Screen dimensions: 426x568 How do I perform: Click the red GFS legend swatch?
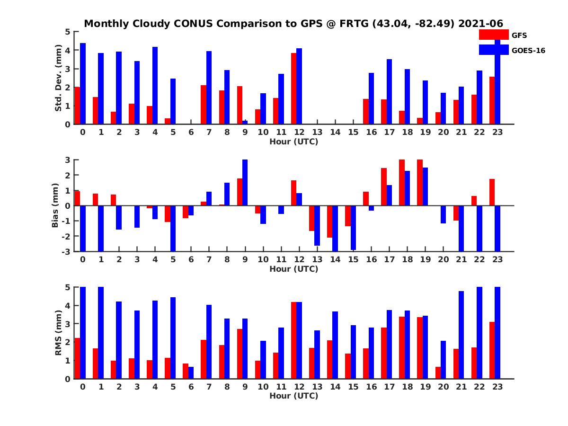click(493, 35)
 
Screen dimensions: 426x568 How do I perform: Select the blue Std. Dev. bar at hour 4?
click(155, 85)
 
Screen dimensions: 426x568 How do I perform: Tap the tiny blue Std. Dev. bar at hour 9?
click(245, 122)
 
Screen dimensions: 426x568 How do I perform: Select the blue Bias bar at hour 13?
click(317, 225)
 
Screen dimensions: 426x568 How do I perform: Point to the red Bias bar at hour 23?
click(492, 192)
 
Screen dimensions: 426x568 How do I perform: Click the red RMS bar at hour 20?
click(438, 373)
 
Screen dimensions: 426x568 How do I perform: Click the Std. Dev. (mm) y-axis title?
click(59, 78)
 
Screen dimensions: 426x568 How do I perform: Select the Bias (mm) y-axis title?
click(55, 205)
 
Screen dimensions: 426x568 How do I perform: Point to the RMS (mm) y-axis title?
click(59, 333)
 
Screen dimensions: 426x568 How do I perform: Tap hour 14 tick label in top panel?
click(335, 132)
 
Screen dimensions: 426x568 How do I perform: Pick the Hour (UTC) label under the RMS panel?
click(293, 396)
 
